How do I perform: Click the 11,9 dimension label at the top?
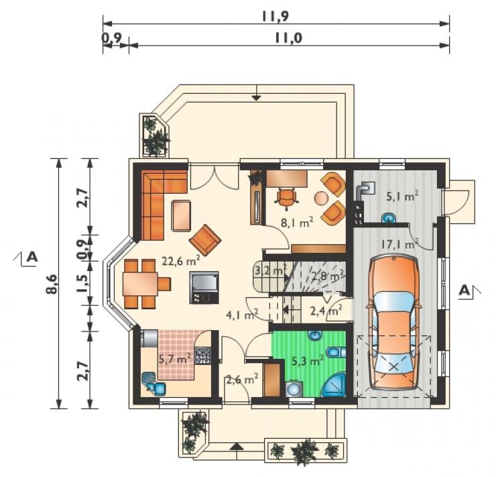275,16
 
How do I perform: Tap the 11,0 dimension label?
288,38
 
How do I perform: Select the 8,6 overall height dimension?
52,284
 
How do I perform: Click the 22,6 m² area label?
181,261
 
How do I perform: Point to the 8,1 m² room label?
297,223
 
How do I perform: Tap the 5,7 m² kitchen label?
175,359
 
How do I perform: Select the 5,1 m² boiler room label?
403,197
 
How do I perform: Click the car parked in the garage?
393,323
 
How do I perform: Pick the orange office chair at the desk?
287,198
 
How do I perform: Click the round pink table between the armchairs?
321,198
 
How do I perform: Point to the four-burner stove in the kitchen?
203,355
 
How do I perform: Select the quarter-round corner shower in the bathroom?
335,386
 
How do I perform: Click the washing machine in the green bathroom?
294,388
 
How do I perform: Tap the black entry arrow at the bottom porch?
237,446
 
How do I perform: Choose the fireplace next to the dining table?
204,287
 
